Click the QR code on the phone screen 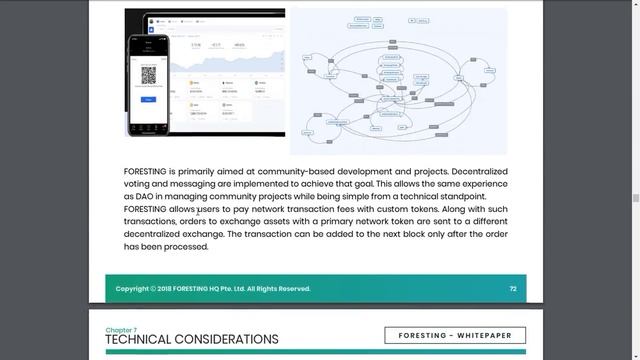tap(149, 74)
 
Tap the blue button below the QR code tap(149, 99)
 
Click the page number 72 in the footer tap(512, 289)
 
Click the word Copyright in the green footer tap(133, 289)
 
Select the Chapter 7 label tap(122, 329)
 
